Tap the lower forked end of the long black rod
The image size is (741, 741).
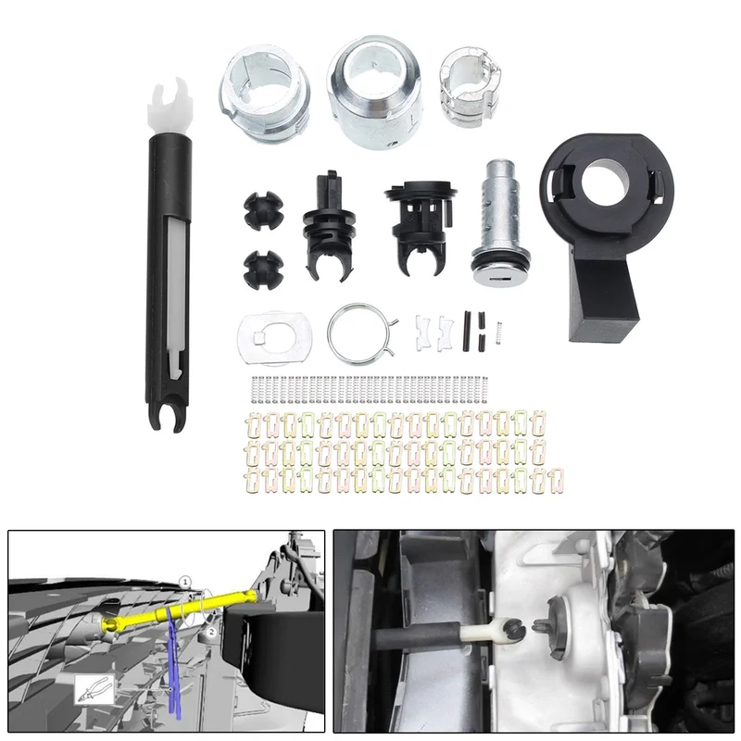click(169, 416)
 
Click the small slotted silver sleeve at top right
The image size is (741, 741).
click(470, 88)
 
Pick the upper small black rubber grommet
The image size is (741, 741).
click(263, 211)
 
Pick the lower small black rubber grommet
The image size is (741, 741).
click(263, 269)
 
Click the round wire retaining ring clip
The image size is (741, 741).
click(360, 334)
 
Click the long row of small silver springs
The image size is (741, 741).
click(371, 390)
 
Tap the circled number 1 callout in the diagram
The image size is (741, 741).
click(186, 581)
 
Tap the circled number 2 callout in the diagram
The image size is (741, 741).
click(212, 632)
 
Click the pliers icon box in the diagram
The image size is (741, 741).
click(94, 689)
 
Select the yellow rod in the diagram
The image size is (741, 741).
click(180, 609)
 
